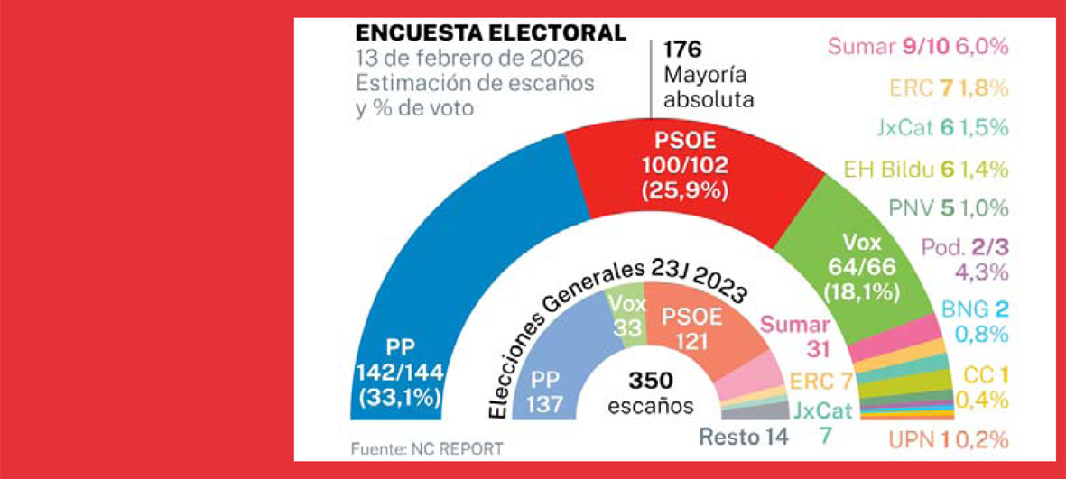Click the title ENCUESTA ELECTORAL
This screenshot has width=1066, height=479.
point(490,34)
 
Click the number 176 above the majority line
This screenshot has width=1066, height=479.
point(682,50)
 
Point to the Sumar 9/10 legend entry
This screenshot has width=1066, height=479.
point(917,47)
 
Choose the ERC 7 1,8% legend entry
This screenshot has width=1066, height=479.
point(948,88)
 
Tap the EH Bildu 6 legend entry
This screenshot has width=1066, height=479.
point(924,168)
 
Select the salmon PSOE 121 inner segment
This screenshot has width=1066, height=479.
point(691,329)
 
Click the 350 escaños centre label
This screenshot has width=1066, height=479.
point(651,391)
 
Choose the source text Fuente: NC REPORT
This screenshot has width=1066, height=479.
point(426,447)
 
